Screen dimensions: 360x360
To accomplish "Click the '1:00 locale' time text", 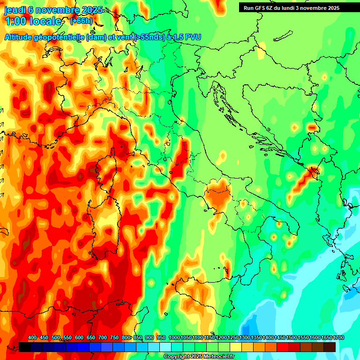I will [33, 21].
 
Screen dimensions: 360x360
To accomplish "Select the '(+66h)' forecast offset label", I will [81, 21].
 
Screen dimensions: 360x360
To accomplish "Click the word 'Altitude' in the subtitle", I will [22, 37].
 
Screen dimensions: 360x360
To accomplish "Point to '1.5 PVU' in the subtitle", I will [187, 37].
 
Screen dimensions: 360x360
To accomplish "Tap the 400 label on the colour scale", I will [32, 338].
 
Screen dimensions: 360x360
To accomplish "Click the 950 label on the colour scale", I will [161, 338].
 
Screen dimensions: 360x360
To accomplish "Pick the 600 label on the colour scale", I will [79, 338].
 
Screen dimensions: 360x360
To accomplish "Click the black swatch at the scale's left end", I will [25, 347].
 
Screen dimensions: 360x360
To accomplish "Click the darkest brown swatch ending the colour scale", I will [330, 347].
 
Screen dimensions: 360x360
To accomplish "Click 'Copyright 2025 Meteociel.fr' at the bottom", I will [199, 357].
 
